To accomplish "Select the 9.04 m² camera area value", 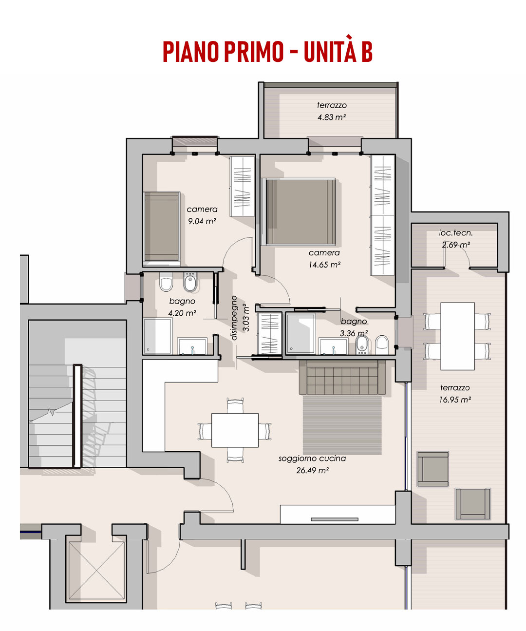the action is click(202, 221).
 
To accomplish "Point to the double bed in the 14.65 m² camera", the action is click(300, 211).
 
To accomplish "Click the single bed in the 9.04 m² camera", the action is click(162, 227).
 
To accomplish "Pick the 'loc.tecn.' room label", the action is click(455, 233).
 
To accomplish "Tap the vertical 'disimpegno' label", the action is click(234, 318).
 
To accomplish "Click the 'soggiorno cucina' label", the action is click(312, 458).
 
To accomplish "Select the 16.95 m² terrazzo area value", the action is click(455, 400).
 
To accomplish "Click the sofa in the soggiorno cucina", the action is click(342, 377).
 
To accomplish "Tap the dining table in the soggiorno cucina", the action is click(235, 430).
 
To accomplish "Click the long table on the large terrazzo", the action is click(457, 336).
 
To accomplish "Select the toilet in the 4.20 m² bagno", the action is click(166, 282).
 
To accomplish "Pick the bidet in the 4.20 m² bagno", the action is click(190, 282).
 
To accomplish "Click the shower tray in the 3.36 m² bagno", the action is click(301, 334).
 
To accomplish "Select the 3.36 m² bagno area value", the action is click(354, 333).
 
